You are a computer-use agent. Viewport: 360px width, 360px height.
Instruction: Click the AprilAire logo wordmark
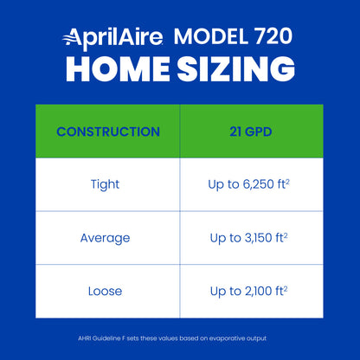coord(112,37)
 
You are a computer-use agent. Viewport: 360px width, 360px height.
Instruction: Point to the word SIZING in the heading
coord(235,70)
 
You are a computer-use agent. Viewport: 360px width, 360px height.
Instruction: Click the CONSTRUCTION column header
coord(107,132)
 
